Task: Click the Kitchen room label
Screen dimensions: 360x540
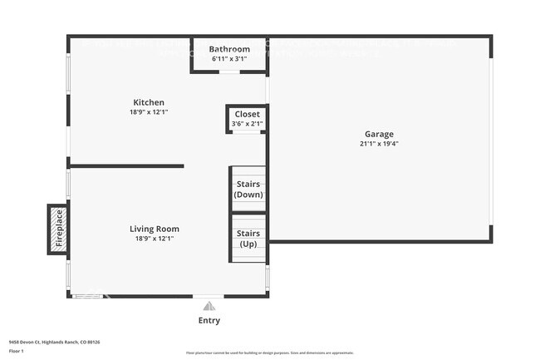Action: [x=147, y=102]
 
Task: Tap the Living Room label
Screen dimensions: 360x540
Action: [x=154, y=229]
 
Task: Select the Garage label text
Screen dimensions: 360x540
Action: [x=379, y=134]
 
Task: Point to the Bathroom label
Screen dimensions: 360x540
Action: [x=229, y=49]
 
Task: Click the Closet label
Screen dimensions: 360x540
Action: [x=247, y=114]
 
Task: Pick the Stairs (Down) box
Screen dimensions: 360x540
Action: [x=248, y=189]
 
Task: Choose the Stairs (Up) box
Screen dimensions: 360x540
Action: [x=248, y=239]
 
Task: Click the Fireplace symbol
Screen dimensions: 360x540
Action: [x=59, y=228]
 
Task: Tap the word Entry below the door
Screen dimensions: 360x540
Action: [x=209, y=320]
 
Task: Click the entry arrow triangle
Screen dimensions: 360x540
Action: [x=209, y=303]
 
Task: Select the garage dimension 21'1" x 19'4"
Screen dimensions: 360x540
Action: [x=379, y=144]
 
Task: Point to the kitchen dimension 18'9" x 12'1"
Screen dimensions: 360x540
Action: [x=147, y=112]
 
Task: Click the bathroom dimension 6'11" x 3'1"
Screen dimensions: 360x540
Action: [x=229, y=59]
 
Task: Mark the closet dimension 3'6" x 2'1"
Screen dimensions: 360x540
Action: [x=247, y=124]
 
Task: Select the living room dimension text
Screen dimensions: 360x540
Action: [x=154, y=239]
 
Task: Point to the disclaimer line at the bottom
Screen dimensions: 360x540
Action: [x=270, y=353]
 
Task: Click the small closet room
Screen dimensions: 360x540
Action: [x=247, y=119]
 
